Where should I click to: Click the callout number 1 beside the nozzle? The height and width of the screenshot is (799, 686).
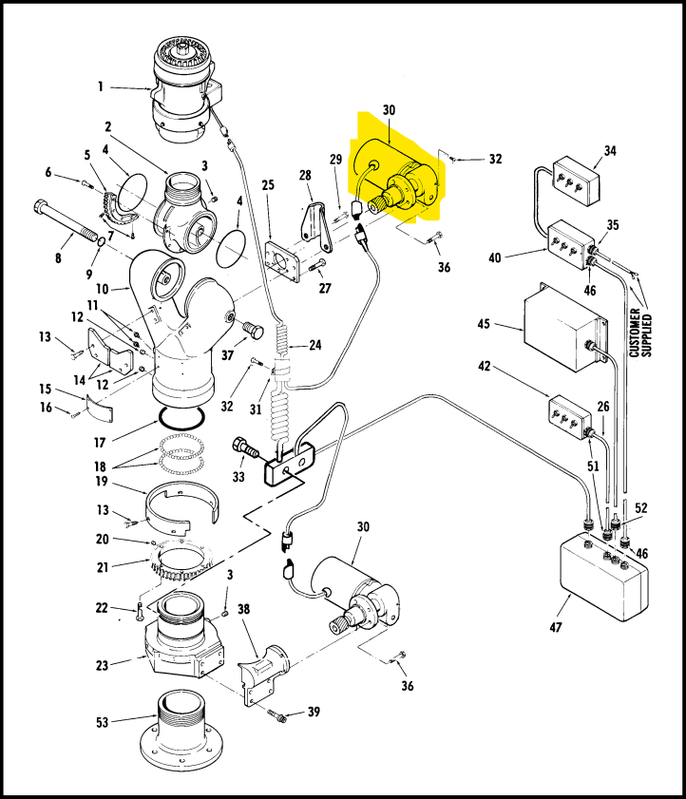coord(101,86)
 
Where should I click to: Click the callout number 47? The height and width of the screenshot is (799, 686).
coord(556,627)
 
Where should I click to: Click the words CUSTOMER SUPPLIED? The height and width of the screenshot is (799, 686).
coord(640,333)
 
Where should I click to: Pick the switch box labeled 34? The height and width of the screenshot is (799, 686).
coord(576,180)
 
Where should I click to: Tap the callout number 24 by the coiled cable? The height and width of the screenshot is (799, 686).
coord(314,345)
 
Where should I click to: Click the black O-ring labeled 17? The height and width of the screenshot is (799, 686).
coord(182,417)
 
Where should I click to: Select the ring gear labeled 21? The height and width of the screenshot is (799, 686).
coord(181,562)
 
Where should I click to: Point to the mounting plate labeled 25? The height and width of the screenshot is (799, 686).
coord(283,261)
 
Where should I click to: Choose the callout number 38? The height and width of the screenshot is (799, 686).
coord(243,609)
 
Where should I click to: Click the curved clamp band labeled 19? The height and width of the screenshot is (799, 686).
coord(182,504)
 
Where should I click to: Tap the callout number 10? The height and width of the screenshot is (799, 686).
coord(102,289)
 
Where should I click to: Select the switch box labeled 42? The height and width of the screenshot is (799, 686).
coord(568,417)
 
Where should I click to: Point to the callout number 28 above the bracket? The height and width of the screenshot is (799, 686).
coord(305,175)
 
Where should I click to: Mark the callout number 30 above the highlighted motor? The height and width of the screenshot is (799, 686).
coord(389,109)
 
